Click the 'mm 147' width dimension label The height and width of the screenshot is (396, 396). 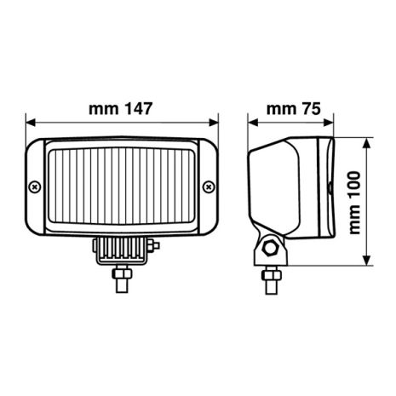tap(121, 108)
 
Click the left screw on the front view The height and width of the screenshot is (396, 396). tap(33, 186)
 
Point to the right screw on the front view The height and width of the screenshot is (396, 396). tap(209, 186)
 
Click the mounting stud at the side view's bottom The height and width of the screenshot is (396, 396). tap(271, 276)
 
